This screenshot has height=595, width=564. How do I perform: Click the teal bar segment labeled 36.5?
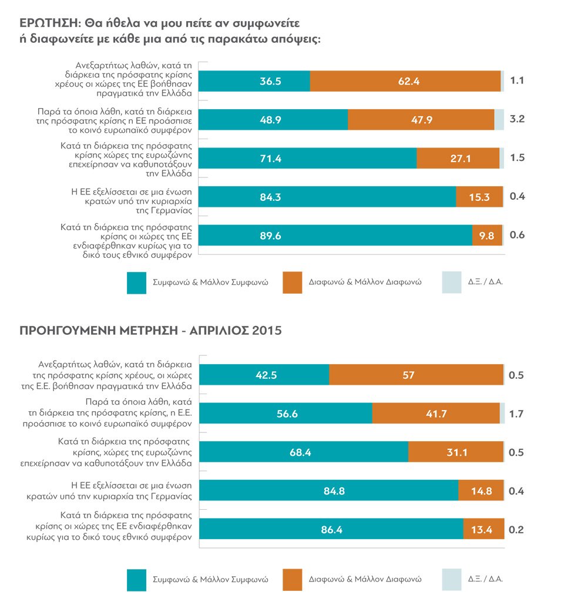pyautogui.click(x=254, y=81)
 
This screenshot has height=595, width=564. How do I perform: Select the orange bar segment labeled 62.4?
pyautogui.click(x=405, y=81)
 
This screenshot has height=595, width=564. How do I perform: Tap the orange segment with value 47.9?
pyautogui.click(x=421, y=119)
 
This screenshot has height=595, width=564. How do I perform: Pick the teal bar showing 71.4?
pyautogui.click(x=308, y=157)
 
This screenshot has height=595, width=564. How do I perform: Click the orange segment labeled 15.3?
pyautogui.click(x=479, y=196)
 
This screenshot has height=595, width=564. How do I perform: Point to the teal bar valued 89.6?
pyautogui.click(x=335, y=235)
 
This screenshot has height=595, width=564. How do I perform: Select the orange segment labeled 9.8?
pyautogui.click(x=487, y=235)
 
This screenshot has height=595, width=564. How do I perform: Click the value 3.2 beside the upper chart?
pyautogui.click(x=517, y=119)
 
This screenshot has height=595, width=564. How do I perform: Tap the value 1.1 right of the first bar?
pyautogui.click(x=517, y=81)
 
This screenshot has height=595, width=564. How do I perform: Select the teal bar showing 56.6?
pyautogui.click(x=286, y=414)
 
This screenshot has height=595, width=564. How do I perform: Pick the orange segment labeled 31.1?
pyautogui.click(x=455, y=452)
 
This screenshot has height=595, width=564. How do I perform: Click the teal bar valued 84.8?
pyautogui.click(x=328, y=490)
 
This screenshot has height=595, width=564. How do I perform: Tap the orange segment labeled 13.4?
pyautogui.click(x=483, y=529)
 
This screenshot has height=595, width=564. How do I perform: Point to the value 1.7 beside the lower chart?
pyautogui.click(x=517, y=414)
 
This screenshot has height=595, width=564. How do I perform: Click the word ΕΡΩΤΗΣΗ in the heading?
pyautogui.click(x=49, y=24)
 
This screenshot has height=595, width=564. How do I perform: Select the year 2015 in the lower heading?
pyautogui.click(x=267, y=331)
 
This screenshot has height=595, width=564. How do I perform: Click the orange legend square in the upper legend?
pyautogui.click(x=292, y=282)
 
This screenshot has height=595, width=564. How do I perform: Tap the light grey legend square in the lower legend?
pyautogui.click(x=451, y=579)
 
